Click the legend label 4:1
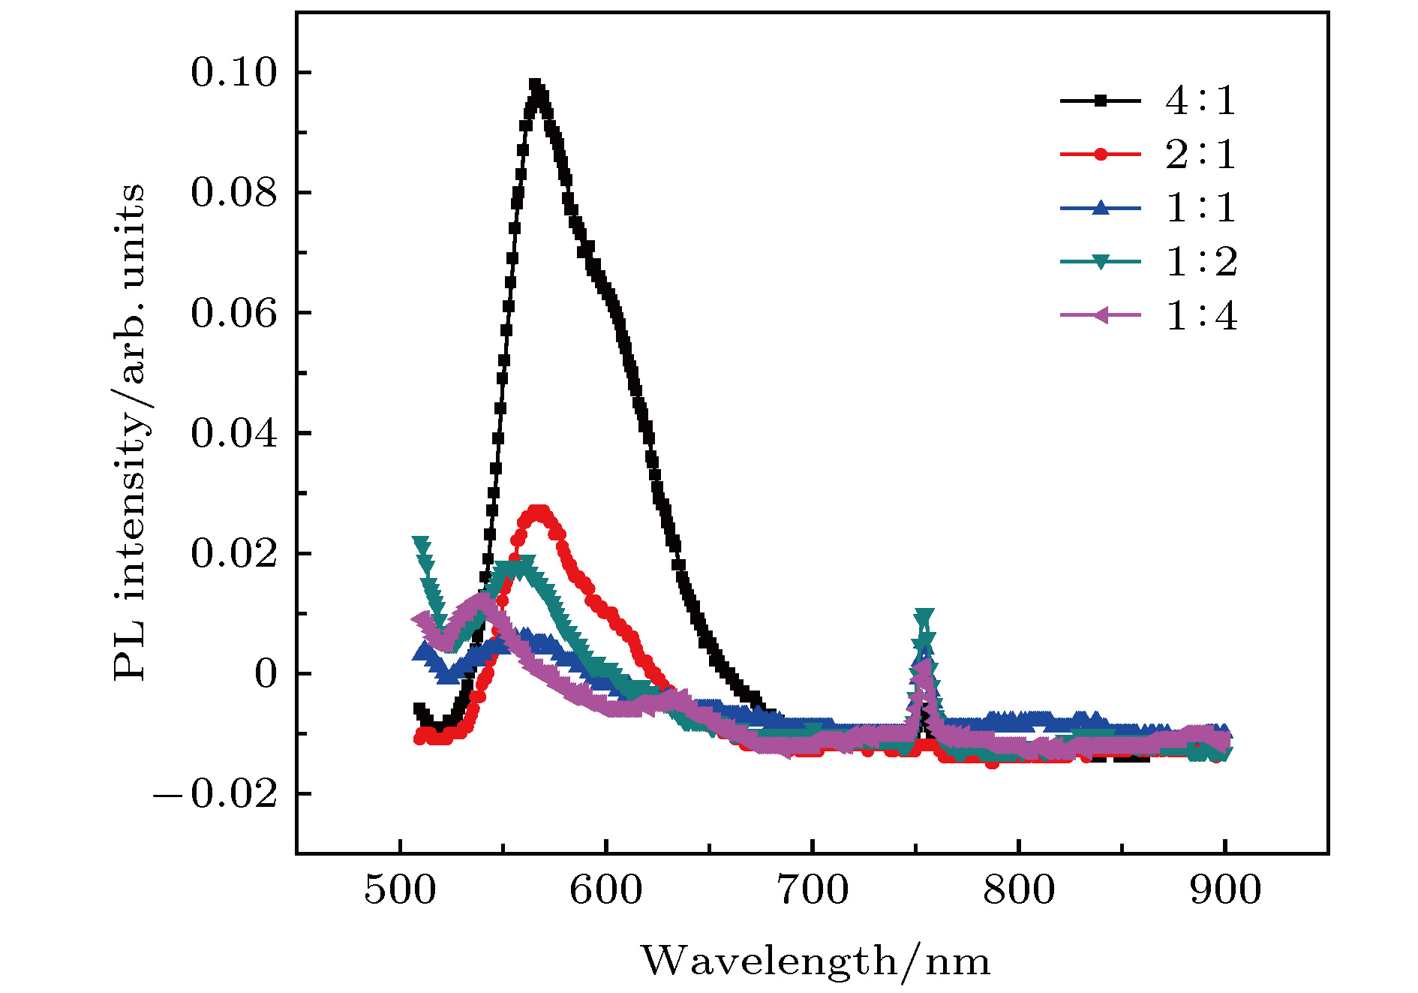click(x=1200, y=100)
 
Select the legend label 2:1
click(x=1200, y=154)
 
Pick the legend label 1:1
click(x=1200, y=208)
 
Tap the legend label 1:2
click(x=1200, y=262)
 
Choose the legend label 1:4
click(x=1200, y=316)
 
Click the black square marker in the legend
click(x=1100, y=100)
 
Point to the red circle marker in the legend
click(x=1100, y=154)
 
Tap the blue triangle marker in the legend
click(x=1100, y=208)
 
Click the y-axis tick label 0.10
click(x=233, y=73)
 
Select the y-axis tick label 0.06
click(x=233, y=313)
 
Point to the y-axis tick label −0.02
click(x=216, y=794)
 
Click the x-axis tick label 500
click(x=400, y=891)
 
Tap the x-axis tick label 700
click(x=813, y=891)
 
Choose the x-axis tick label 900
click(x=1225, y=891)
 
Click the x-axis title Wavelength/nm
click(x=815, y=961)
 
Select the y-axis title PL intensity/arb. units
click(x=129, y=432)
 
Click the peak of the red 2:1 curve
click(x=538, y=512)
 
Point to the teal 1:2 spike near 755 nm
click(x=925, y=616)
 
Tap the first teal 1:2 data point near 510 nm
click(x=421, y=543)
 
